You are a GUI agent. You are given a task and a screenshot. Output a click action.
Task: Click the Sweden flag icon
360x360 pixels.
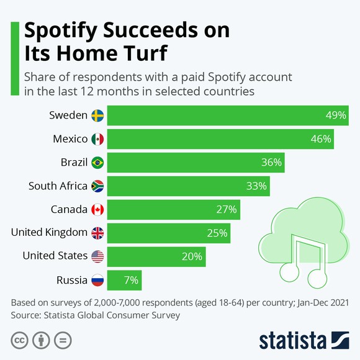(x=97, y=115)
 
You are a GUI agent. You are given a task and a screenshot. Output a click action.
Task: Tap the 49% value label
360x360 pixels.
(x=336, y=115)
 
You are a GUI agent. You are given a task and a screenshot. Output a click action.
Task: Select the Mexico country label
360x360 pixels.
(x=71, y=139)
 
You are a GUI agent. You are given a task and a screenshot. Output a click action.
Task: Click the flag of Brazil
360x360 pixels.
(x=97, y=163)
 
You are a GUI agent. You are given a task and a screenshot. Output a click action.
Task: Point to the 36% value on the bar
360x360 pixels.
(x=271, y=163)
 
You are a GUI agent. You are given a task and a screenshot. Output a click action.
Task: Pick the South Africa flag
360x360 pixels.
(x=97, y=186)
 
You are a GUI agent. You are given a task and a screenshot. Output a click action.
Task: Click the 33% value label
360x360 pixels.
(x=256, y=186)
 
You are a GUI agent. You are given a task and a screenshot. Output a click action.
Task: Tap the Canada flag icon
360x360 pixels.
(x=97, y=209)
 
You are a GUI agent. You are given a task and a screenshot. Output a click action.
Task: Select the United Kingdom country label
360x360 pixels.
(x=49, y=233)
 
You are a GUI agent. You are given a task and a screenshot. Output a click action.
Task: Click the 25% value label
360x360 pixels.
(x=217, y=233)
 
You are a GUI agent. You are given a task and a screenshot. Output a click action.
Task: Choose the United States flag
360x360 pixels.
(x=97, y=256)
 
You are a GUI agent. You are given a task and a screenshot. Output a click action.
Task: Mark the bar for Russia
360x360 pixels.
(x=124, y=279)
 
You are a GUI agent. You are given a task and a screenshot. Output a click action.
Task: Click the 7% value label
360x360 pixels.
(x=130, y=279)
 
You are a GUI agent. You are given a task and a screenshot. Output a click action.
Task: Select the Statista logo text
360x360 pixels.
(x=292, y=341)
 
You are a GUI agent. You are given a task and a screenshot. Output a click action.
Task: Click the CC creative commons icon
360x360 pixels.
(x=19, y=340)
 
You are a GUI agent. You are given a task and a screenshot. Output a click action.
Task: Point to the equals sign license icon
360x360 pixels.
(x=61, y=340)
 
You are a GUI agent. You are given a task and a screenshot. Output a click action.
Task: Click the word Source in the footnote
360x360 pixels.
(x=27, y=315)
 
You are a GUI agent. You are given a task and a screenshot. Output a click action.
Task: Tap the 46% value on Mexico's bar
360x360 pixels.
(x=320, y=139)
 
